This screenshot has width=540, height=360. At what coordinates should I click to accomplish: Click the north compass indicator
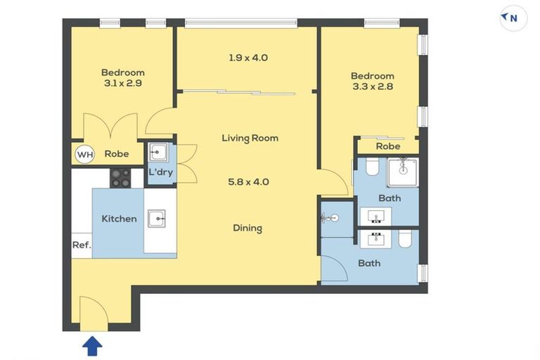coord(513,18)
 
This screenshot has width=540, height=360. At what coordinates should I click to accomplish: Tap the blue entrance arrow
coord(92,345)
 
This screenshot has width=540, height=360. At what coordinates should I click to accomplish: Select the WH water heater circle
coord(85,154)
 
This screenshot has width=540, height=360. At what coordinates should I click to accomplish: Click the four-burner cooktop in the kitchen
coord(120,178)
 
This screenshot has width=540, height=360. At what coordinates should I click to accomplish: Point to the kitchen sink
coord(157,219)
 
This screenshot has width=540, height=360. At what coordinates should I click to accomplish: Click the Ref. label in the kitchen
coord(82,245)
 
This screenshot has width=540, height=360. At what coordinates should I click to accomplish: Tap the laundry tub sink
coord(158,152)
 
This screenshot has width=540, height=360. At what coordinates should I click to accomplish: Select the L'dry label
coord(161,172)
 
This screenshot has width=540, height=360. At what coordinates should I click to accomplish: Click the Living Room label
coord(250,138)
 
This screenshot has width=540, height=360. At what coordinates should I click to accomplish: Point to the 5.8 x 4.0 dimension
coord(249,181)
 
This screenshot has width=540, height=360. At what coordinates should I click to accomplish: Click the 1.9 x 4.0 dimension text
coord(248,58)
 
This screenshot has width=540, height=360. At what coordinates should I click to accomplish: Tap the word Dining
coord(247,228)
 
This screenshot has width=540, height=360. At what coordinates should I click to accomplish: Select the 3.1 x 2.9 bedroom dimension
coord(123,83)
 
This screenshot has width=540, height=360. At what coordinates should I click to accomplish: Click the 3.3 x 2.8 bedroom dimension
coord(373,86)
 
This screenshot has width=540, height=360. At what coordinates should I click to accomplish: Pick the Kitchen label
coord(119,219)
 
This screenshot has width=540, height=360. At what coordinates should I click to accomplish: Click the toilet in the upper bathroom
coord(372,167)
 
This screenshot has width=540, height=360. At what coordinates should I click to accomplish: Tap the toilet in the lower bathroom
coord(405,239)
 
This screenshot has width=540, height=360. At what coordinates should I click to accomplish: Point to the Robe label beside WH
coord(117,154)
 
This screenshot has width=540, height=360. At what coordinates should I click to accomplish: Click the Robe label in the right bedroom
coord(388,146)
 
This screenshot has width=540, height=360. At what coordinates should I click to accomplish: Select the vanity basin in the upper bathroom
coord(375,217)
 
